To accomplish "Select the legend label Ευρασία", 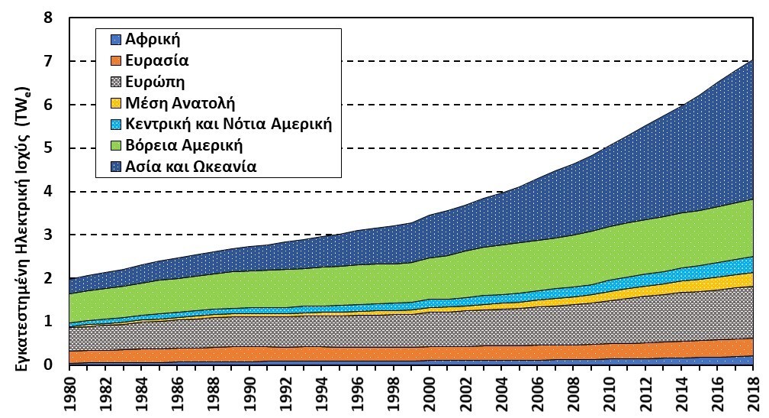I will [x=158, y=60].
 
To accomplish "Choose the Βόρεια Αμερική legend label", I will [x=188, y=144].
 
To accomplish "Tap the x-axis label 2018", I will [x=753, y=393].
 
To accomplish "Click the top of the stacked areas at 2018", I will [x=753, y=60].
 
